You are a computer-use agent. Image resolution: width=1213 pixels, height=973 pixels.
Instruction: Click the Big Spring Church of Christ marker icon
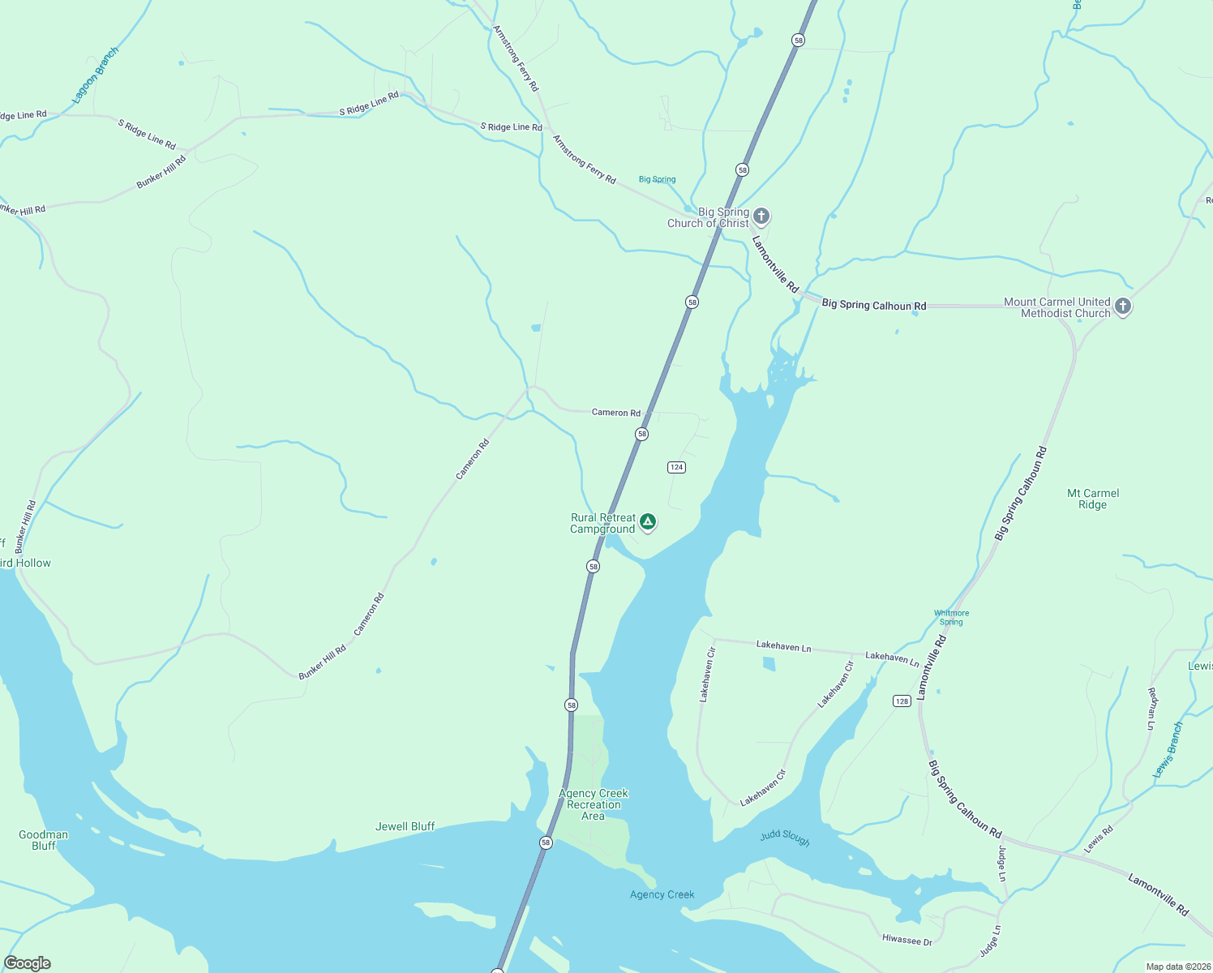point(761,216)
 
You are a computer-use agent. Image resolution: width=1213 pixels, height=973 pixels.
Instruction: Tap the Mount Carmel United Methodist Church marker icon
point(1122,306)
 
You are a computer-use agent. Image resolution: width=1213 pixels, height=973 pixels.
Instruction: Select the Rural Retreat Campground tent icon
point(647,522)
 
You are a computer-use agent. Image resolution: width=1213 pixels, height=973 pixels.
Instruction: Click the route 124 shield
point(676,467)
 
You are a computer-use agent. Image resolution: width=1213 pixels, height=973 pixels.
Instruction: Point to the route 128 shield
point(902,701)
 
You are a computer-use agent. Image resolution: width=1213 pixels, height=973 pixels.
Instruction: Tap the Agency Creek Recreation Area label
point(594,804)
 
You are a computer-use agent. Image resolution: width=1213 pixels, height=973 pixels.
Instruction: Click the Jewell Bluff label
point(405,826)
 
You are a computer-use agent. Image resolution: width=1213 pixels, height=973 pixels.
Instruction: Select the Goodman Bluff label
point(43,840)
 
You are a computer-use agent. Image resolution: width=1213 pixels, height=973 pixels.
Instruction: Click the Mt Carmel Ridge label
point(1092,499)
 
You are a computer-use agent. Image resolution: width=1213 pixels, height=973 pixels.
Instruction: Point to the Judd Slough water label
point(785,838)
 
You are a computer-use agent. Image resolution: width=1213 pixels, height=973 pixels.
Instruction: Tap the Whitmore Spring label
point(951,618)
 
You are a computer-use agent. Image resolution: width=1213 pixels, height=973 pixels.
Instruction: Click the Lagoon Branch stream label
point(95,75)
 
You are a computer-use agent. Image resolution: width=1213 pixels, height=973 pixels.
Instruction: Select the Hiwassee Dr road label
point(907,940)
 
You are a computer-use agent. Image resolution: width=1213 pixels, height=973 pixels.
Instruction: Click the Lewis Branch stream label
point(1168,751)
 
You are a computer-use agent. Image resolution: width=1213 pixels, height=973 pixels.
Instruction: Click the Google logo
point(28,962)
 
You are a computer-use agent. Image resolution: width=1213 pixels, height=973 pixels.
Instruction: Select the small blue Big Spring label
point(657,179)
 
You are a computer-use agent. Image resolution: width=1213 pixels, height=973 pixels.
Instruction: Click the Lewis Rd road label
point(1099,839)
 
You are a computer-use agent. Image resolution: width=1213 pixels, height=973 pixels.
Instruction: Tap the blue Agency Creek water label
point(662,894)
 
